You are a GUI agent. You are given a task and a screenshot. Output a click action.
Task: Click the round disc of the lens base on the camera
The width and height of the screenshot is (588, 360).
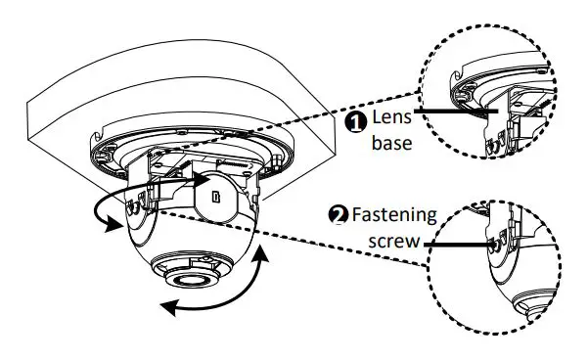(221, 192)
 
